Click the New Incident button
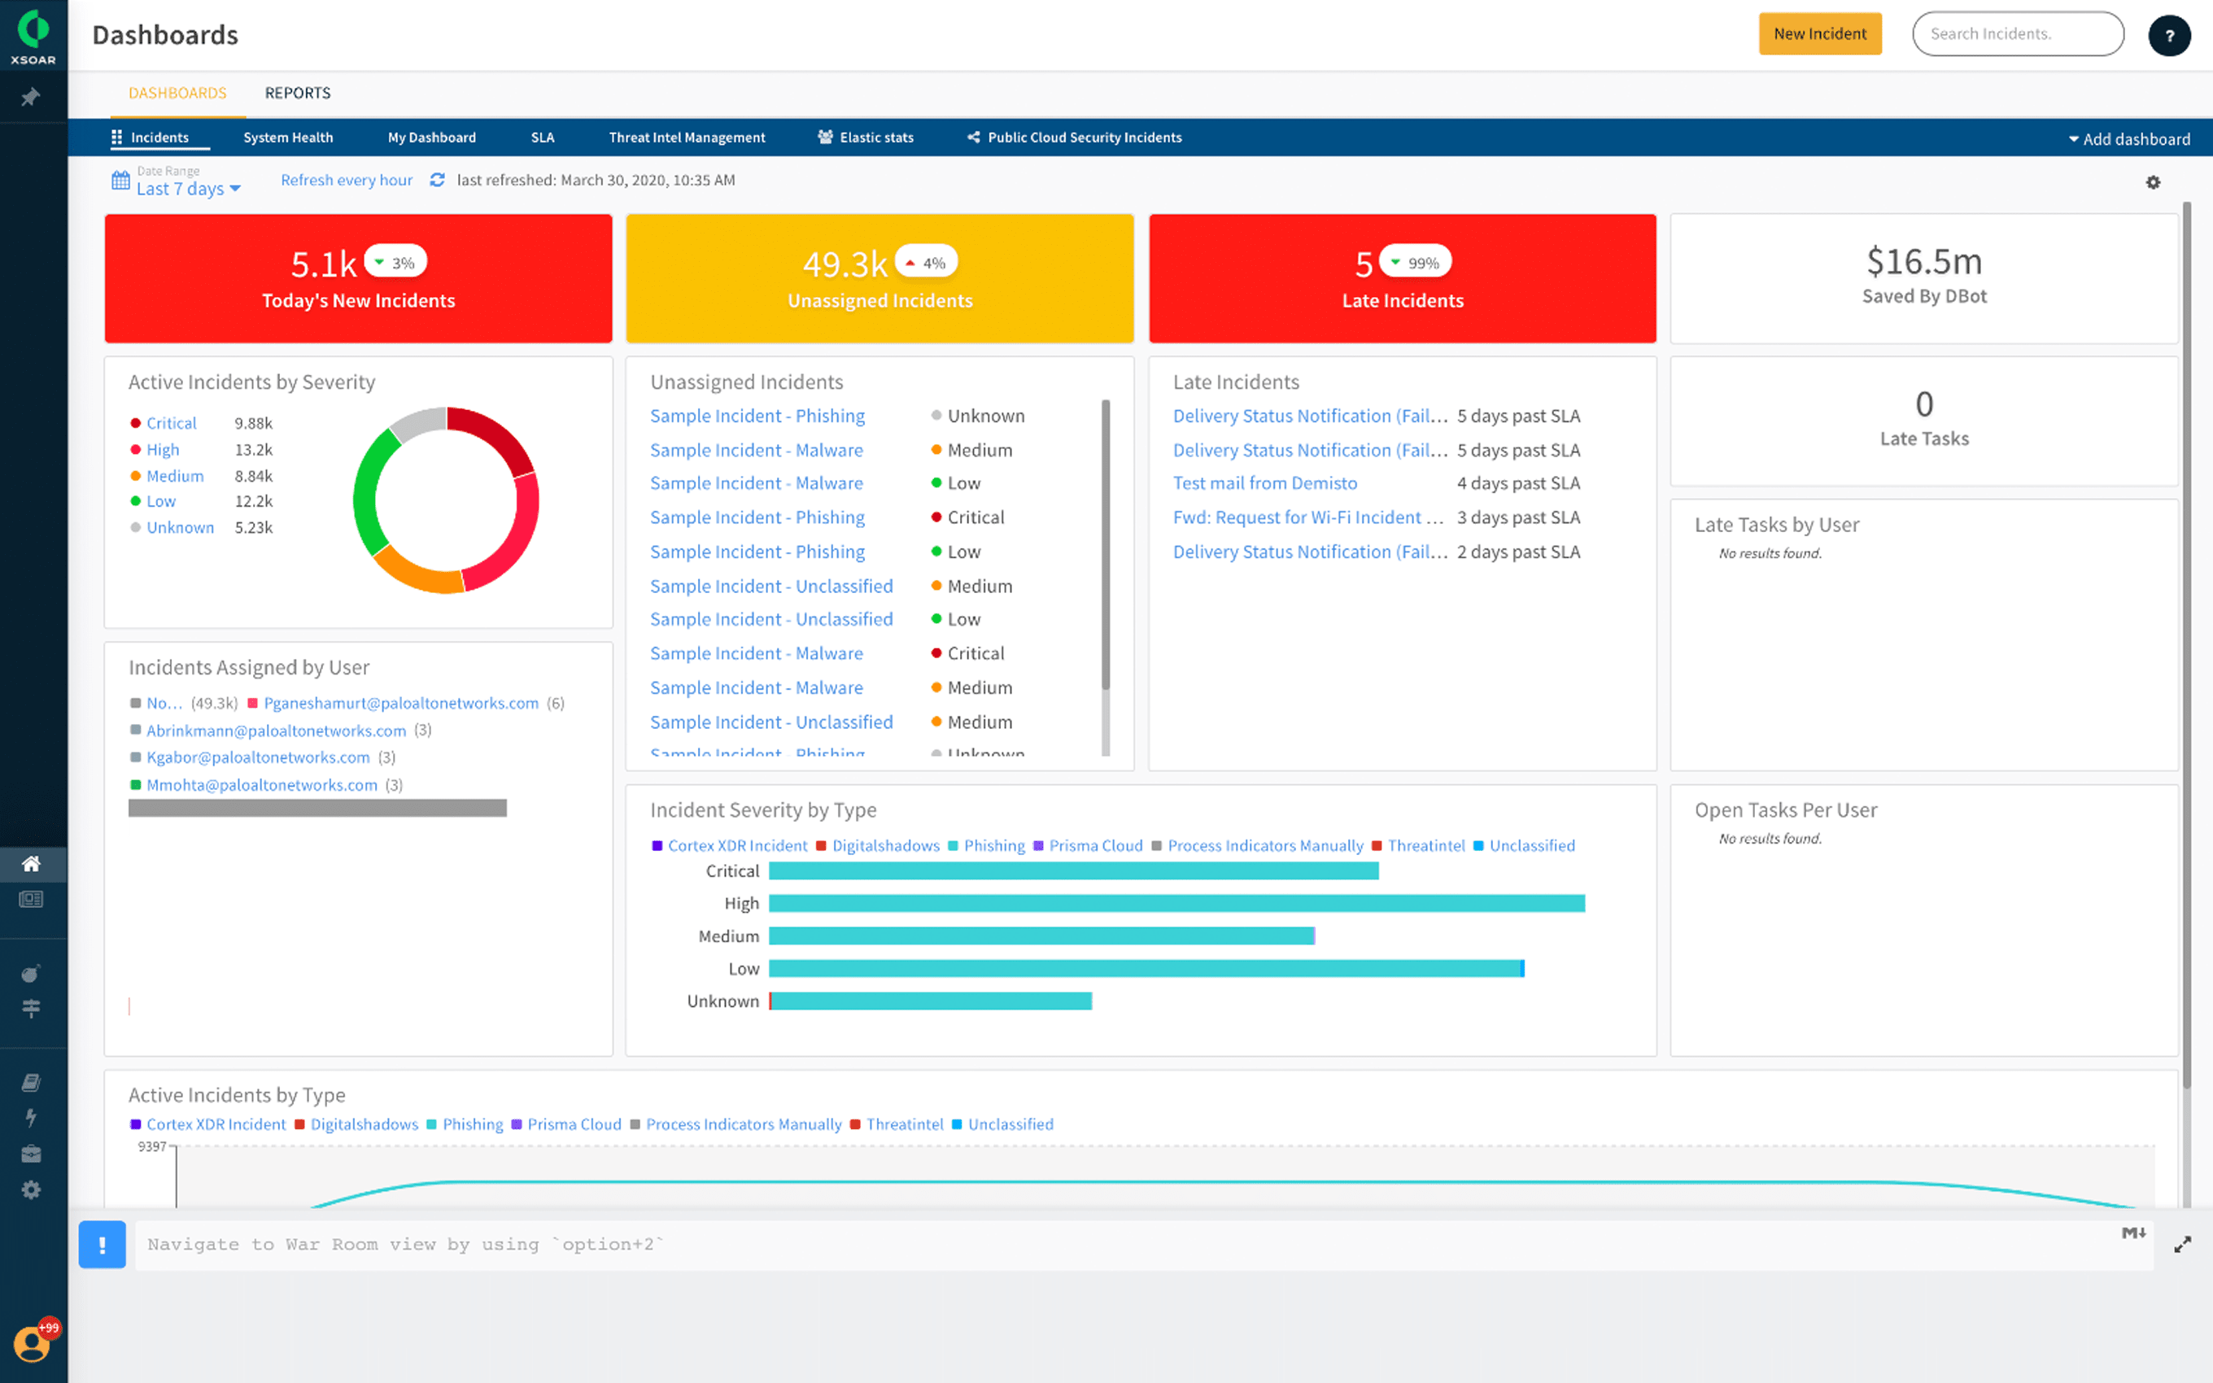1819,34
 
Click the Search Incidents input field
2016,34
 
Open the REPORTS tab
297,94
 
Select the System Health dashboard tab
288,138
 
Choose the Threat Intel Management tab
687,138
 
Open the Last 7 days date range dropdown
187,189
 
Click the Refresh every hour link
346,180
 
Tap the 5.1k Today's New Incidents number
323,264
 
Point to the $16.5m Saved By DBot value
1923,263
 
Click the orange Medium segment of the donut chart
416,572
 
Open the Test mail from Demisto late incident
1264,483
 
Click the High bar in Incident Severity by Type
1176,904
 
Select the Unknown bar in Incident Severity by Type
931,1001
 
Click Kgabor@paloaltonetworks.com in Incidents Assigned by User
258,757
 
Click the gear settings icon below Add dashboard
2153,182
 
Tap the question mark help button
2168,37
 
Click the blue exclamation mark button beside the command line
102,1245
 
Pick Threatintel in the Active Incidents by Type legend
903,1124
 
